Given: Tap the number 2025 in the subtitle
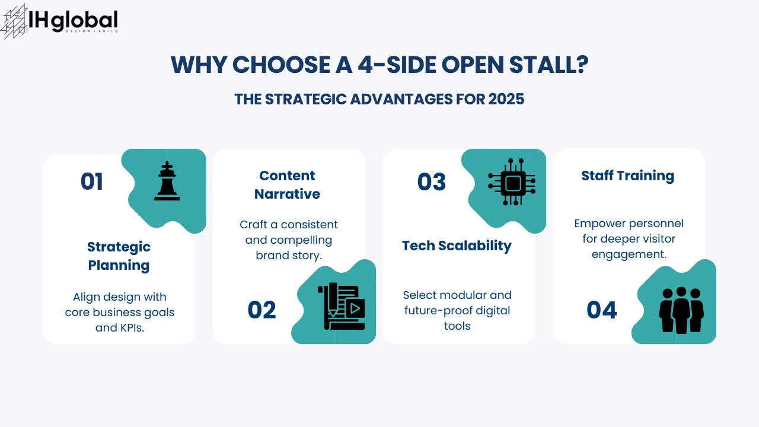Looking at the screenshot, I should pyautogui.click(x=506, y=99).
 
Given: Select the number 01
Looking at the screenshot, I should pyautogui.click(x=92, y=182).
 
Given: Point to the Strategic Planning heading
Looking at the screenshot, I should pyautogui.click(x=119, y=256).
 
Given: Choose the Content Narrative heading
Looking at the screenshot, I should pyautogui.click(x=287, y=184).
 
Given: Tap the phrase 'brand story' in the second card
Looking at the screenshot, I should pyautogui.click(x=288, y=256).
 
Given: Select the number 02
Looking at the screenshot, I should pyautogui.click(x=262, y=310).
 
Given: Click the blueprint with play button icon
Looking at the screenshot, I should pyautogui.click(x=341, y=307).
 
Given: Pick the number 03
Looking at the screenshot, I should pyautogui.click(x=432, y=182).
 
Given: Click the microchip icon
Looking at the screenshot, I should pyautogui.click(x=511, y=183).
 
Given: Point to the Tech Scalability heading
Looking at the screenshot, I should pyautogui.click(x=457, y=246).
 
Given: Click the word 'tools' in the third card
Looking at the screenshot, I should pyautogui.click(x=457, y=326).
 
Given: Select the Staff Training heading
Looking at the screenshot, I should pyautogui.click(x=627, y=176).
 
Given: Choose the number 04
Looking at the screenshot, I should pyautogui.click(x=602, y=310).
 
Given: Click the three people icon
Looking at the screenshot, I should pyautogui.click(x=681, y=310).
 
